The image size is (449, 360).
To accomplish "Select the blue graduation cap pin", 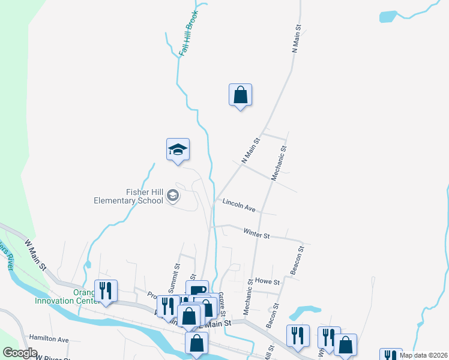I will pos(178,150).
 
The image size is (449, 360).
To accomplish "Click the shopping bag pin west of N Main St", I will pos(240,95).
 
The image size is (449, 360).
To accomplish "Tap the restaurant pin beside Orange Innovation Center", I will pos(106,291).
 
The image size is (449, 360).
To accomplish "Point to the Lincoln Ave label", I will pos(239,205).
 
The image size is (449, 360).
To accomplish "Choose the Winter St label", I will pos(256,233).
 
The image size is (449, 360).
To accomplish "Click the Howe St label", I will pos(268,281).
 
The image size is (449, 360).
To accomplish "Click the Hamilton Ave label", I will pos(49,339).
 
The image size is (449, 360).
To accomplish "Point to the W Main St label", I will pos(35,256).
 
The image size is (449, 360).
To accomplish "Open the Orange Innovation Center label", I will pos(84,296).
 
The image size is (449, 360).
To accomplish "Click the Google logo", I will pos(20,352).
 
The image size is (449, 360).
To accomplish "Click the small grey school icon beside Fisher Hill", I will pos(173,196).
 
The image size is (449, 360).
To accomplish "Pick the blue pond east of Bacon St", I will pos(305,312).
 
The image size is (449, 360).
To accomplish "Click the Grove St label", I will pos(222,304).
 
